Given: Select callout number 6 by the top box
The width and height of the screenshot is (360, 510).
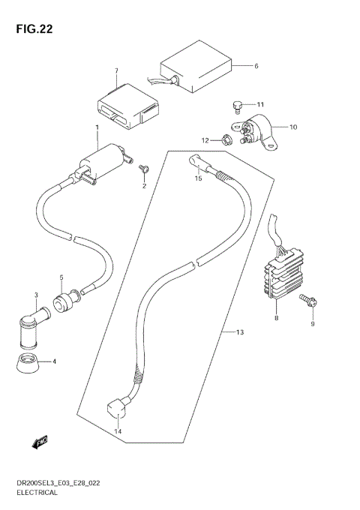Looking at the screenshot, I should coord(256,66).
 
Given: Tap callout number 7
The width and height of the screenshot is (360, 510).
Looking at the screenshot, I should coord(116,72).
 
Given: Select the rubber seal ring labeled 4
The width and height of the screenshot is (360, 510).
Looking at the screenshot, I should coord(28,363).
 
